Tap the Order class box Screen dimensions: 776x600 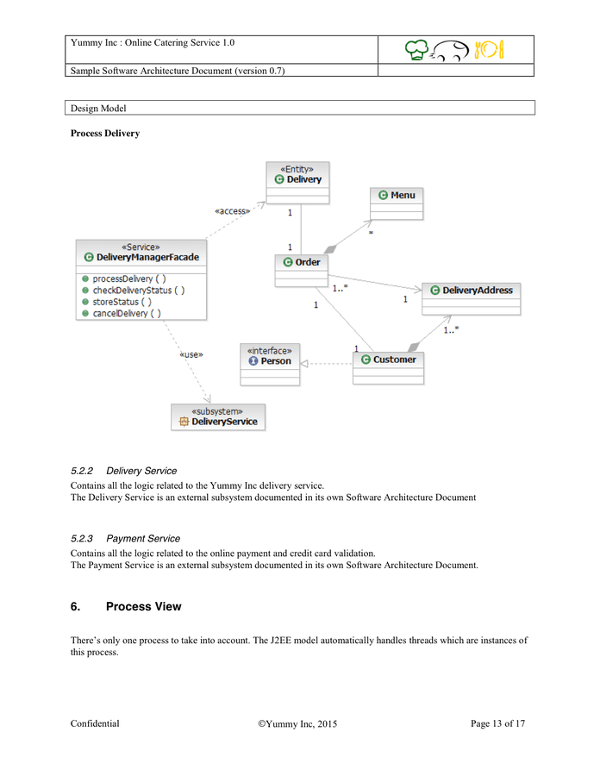pyautogui.click(x=301, y=270)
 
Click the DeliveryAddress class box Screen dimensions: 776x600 pyautogui.click(x=471, y=298)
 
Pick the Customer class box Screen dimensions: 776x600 pyautogui.click(x=388, y=367)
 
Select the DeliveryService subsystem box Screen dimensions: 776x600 pyautogui.click(x=217, y=416)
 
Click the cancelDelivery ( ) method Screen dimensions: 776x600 pyautogui.click(x=127, y=313)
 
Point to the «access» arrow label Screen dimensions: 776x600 pyautogui.click(x=231, y=210)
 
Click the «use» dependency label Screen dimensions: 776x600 pyautogui.click(x=191, y=354)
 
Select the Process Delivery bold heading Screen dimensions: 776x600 pyautogui.click(x=104, y=134)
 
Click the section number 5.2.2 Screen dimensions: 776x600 pyautogui.click(x=83, y=471)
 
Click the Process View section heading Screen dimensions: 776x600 pyautogui.click(x=143, y=607)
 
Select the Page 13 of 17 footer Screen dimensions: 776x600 pyautogui.click(x=497, y=724)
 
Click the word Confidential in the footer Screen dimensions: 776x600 pyautogui.click(x=95, y=724)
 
